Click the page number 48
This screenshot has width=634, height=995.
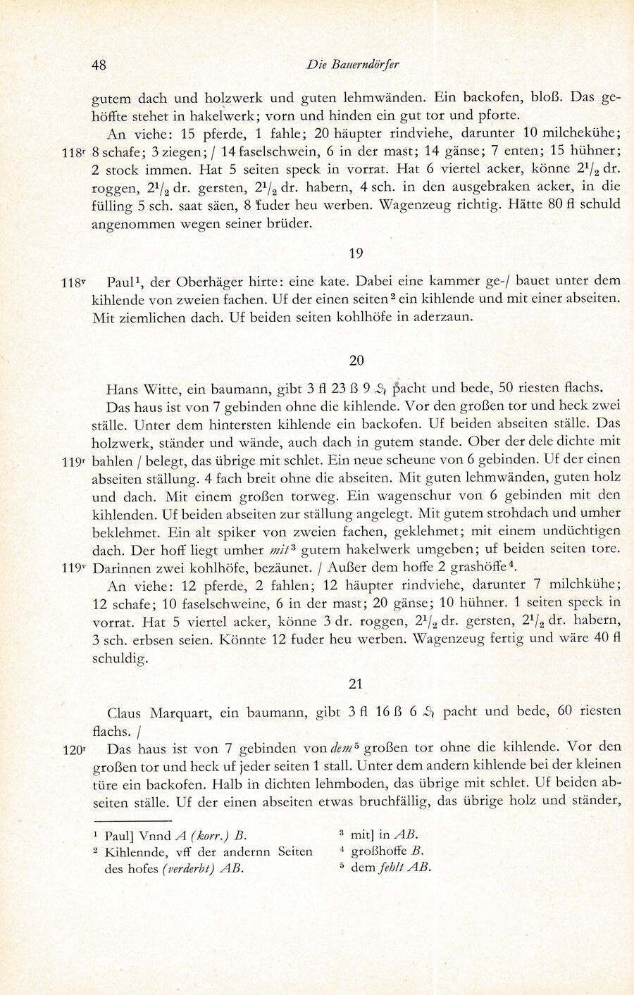[99, 65]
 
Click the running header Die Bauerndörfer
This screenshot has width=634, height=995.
[353, 64]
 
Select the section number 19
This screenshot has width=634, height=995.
[356, 253]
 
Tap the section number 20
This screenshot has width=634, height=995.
[356, 360]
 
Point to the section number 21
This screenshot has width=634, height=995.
[356, 683]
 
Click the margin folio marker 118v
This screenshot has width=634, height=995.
[73, 283]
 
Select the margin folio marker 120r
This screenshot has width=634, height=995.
[73, 751]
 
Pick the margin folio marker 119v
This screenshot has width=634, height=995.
[73, 567]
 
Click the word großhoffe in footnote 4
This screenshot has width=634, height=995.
[380, 851]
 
